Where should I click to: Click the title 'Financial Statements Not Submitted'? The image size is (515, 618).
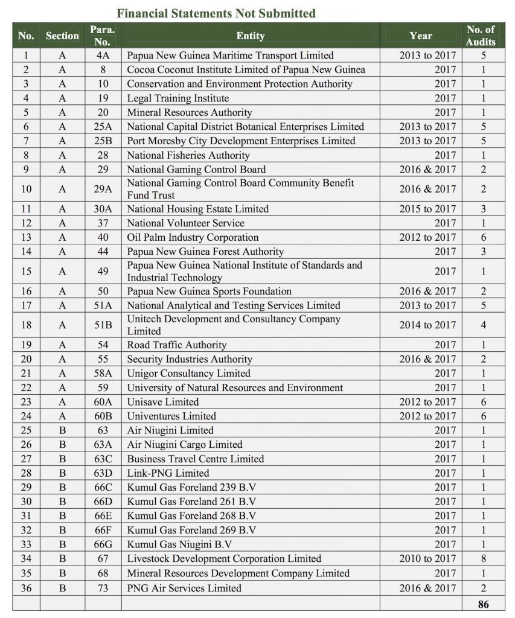(216, 13)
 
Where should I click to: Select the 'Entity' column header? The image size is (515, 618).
(250, 36)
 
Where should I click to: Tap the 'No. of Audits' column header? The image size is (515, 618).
(481, 36)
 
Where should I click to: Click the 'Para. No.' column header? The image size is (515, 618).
(103, 36)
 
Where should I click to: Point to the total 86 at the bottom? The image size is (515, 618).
(483, 604)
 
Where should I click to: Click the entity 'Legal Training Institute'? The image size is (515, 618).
(178, 98)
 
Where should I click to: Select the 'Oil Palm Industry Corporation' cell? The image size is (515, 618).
(193, 237)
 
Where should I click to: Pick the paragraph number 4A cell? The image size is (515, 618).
(103, 55)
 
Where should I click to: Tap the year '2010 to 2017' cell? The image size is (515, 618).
(427, 559)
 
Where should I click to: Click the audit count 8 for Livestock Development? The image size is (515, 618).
(483, 559)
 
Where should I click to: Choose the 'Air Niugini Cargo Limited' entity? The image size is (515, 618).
(185, 445)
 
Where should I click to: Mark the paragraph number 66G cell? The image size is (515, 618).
(103, 544)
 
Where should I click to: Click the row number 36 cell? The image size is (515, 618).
(26, 588)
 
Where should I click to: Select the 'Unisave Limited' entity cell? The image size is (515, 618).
(163, 401)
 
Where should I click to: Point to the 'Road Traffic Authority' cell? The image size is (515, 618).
(177, 345)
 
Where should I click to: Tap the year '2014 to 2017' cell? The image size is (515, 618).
(427, 325)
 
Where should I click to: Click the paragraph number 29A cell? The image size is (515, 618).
(103, 189)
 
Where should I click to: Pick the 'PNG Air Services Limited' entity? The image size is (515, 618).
(184, 588)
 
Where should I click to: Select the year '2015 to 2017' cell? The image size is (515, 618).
(427, 209)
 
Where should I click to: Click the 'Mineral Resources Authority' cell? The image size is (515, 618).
(190, 112)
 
